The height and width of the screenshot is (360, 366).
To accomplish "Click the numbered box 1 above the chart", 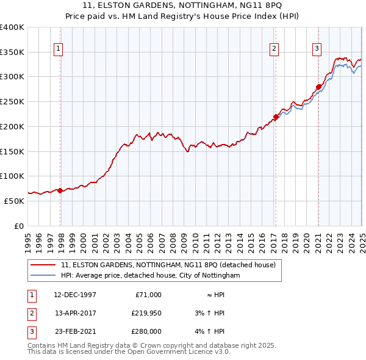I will click(58, 49).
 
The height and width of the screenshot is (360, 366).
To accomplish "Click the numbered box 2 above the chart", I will click(274, 49).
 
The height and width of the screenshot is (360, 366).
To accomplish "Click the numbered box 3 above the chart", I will click(317, 49).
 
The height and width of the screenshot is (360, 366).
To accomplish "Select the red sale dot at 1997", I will click(60, 190).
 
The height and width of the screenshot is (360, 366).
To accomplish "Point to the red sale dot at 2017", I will click(276, 117).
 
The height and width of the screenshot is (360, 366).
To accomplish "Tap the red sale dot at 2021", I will click(318, 87).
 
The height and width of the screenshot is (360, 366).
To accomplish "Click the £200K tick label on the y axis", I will click(12, 126).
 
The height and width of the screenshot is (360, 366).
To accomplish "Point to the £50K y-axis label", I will click(14, 201).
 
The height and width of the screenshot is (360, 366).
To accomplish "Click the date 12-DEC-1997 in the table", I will click(74, 295).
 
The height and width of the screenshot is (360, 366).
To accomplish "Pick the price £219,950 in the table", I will click(146, 313).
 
